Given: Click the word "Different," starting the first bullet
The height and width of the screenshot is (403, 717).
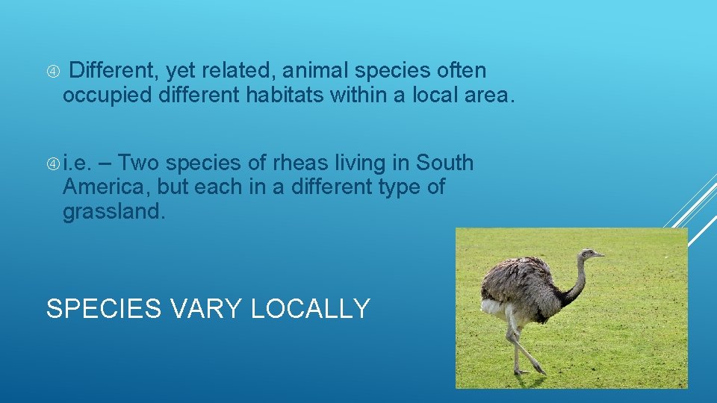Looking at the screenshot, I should coord(114,71).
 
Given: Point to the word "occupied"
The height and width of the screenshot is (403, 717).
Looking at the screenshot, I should coord(108,96).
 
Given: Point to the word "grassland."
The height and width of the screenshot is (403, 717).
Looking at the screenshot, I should coord(113,212).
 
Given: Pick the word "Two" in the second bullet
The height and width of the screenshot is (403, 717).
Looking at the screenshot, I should coord(140,163).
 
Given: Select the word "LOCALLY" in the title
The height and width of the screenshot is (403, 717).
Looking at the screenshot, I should coord(310,308).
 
